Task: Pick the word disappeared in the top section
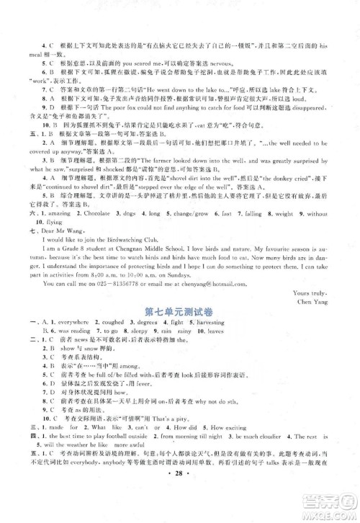click(316, 105)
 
